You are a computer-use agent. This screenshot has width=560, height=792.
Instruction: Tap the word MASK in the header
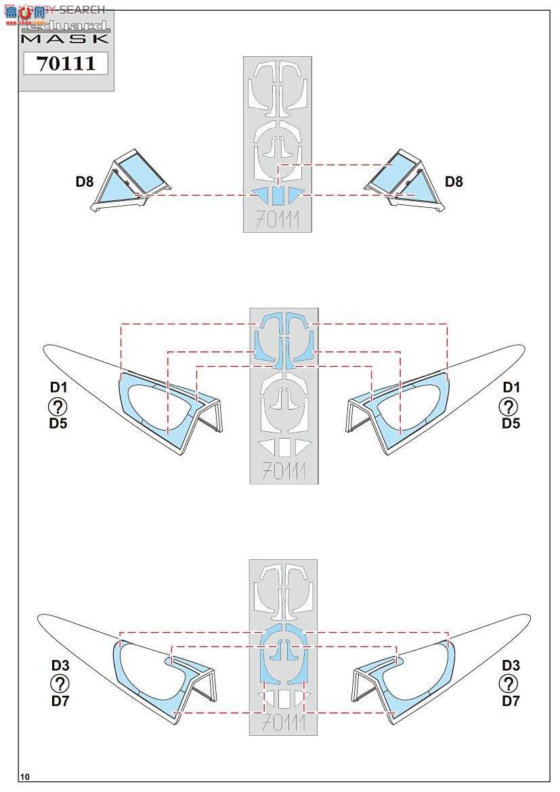65,39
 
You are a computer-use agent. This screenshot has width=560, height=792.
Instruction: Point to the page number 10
25,776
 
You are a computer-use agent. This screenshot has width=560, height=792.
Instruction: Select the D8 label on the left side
85,181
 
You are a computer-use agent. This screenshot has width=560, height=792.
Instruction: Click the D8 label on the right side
454,181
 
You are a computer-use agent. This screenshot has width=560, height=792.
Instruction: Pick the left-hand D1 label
58,388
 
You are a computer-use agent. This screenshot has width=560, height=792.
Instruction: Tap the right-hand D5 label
511,424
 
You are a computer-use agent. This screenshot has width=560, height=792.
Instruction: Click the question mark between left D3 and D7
60,683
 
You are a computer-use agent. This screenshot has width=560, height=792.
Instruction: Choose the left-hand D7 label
60,701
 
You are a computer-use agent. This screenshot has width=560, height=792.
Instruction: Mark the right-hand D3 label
511,665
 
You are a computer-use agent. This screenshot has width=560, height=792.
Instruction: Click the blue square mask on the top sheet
278,196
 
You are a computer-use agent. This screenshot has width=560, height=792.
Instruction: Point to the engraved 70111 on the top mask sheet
277,219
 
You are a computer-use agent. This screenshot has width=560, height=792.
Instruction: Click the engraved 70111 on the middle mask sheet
284,470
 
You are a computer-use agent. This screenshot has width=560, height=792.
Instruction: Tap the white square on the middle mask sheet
284,447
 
